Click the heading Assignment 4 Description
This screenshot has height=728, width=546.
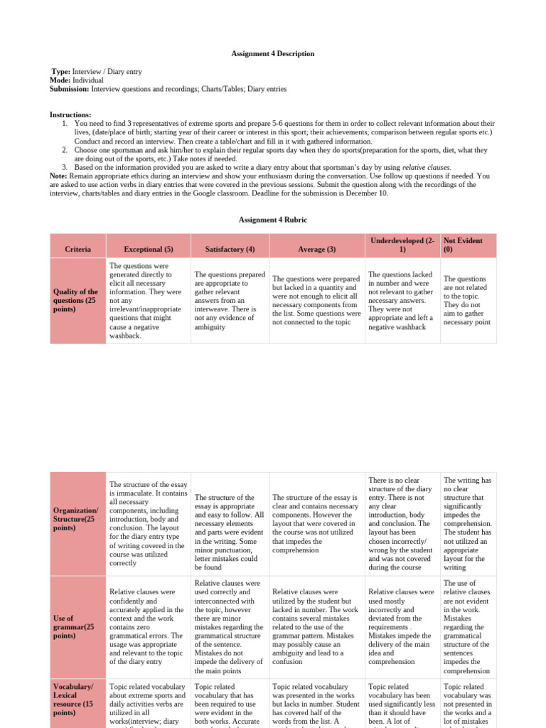[x=273, y=54]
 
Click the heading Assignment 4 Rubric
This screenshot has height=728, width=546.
[x=273, y=220]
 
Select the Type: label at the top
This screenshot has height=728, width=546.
[x=63, y=73]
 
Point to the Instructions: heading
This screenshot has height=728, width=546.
[x=70, y=114]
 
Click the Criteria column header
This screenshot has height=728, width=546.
[x=77, y=250]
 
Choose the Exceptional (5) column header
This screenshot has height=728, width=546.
[x=149, y=250]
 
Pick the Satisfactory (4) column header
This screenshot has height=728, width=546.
[x=229, y=250]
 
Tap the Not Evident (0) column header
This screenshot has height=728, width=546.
[x=462, y=245]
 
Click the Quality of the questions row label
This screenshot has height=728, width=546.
[x=76, y=300]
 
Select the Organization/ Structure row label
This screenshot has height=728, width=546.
[x=76, y=519]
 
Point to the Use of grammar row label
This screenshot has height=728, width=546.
[x=74, y=627]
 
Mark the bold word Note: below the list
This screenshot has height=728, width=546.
[x=58, y=176]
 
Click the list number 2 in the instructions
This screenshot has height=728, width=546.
[x=65, y=150]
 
